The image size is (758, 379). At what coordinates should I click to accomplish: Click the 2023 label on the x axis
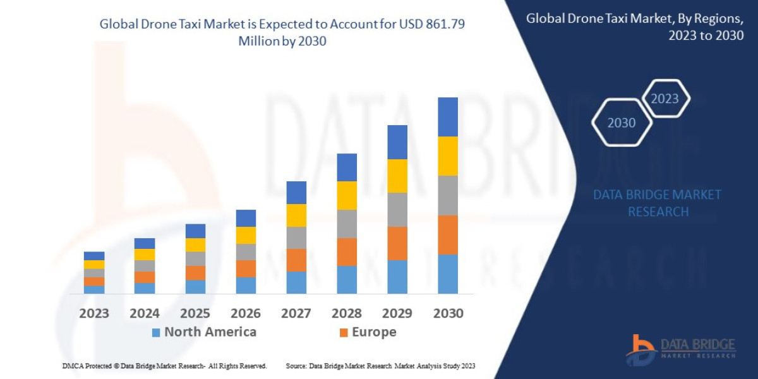coord(93,313)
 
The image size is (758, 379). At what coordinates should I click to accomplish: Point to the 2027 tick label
coord(296,313)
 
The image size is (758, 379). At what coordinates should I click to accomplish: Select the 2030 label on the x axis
coord(448,313)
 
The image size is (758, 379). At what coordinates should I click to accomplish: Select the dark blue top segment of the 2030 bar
coord(448,117)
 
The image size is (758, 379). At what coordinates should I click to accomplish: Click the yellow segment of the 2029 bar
coord(397,176)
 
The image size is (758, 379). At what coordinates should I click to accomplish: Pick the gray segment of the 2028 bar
coord(347,224)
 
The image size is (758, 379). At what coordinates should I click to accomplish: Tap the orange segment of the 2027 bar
coord(296,260)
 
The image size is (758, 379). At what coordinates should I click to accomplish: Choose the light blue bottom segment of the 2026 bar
coord(246,286)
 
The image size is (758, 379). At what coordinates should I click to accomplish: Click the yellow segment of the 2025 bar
coord(195,244)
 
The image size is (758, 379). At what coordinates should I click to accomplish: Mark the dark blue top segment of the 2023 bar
coord(94,256)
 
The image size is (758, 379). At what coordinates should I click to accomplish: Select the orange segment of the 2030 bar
coord(448,234)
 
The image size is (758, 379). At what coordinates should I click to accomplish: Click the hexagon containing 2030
coord(622,123)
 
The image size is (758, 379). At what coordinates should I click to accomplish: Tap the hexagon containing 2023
coord(665,99)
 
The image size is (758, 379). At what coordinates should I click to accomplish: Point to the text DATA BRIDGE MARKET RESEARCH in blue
coord(658,203)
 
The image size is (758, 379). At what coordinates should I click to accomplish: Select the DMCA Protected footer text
coord(164,366)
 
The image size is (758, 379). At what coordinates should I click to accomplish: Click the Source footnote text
coord(380,366)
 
